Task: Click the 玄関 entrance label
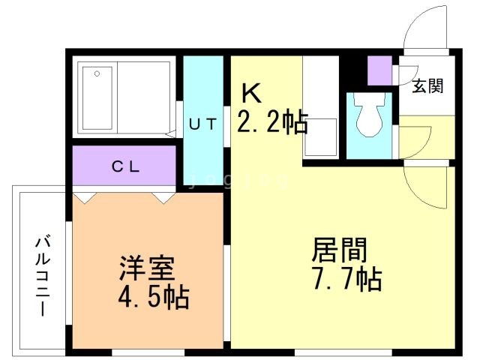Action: pyautogui.click(x=427, y=85)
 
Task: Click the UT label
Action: pyautogui.click(x=202, y=125)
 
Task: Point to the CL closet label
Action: pyautogui.click(x=126, y=167)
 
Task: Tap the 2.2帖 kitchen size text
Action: pyautogui.click(x=273, y=121)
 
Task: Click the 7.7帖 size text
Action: pyautogui.click(x=346, y=280)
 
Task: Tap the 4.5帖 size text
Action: pyautogui.click(x=152, y=298)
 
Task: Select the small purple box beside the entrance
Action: pyautogui.click(x=379, y=70)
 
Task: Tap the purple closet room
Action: pyautogui.click(x=124, y=166)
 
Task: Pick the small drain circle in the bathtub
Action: pyautogui.click(x=96, y=73)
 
